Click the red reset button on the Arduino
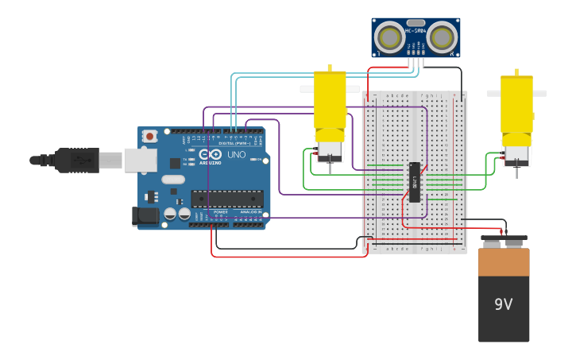click(149, 137)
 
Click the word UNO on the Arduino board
click(236, 154)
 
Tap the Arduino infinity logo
click(211, 154)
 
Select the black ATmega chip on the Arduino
click(226, 198)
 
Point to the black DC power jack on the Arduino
click(145, 215)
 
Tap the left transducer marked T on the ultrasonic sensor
click(389, 37)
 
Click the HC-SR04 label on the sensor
click(416, 31)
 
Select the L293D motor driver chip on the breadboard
click(414, 182)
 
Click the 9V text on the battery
click(504, 304)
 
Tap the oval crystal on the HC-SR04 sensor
click(416, 23)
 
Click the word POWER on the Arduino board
click(221, 212)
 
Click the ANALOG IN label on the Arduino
click(249, 212)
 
